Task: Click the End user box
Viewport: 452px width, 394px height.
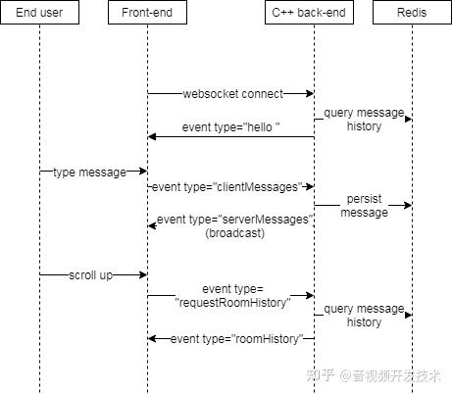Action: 39,13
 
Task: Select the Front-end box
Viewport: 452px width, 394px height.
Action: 147,13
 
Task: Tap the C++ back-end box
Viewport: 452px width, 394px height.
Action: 314,13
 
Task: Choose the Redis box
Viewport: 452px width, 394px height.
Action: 412,13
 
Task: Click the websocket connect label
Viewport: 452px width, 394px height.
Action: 232,94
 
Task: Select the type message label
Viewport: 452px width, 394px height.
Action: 90,172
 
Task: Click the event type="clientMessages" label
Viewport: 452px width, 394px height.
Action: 230,185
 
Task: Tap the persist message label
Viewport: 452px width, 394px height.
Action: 364,206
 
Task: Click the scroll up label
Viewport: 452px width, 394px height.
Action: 90,275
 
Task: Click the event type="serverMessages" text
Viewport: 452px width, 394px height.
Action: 235,220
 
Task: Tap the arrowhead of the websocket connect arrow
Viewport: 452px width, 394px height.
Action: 309,94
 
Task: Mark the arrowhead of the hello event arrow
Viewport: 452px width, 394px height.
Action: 152,136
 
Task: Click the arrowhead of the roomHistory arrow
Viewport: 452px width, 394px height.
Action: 152,338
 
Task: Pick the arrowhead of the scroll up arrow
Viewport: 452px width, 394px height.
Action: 142,275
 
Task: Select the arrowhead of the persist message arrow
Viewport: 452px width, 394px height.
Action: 407,206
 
